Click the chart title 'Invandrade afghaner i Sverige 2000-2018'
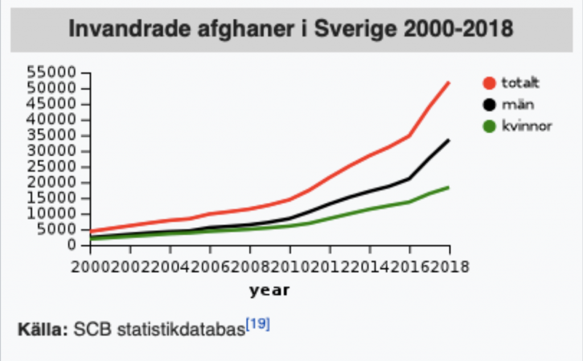click(x=291, y=28)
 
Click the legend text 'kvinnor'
click(x=527, y=126)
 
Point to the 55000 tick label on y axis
click(x=51, y=73)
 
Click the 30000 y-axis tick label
click(x=51, y=151)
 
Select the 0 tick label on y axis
click(x=71, y=245)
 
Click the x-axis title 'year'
click(x=269, y=291)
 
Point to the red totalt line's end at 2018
click(x=449, y=83)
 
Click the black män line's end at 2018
click(x=449, y=140)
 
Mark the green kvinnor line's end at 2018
click(x=449, y=187)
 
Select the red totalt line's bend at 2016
click(x=409, y=136)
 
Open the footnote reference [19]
click(x=257, y=325)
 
